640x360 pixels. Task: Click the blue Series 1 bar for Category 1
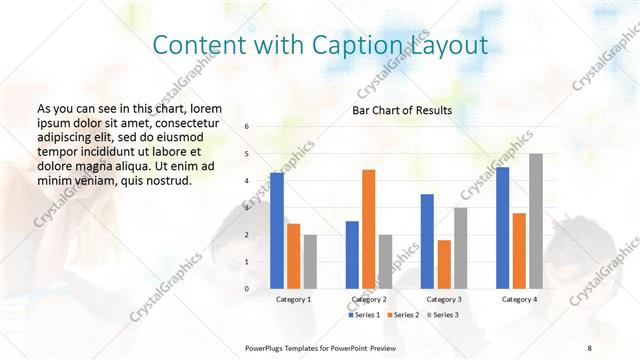pos(277,231)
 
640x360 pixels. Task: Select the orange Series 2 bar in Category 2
pos(368,229)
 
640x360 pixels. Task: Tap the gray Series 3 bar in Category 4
pos(536,221)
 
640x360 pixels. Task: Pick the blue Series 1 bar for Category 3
pos(427,241)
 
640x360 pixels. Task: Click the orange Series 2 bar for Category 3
pos(444,264)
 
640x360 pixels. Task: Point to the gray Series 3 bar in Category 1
pos(310,262)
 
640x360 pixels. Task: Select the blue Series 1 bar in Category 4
pos(503,228)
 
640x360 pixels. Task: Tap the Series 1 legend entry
pos(365,315)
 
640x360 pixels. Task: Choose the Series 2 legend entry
pos(403,315)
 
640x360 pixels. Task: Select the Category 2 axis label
pos(369,299)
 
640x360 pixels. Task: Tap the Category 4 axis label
pos(519,299)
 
